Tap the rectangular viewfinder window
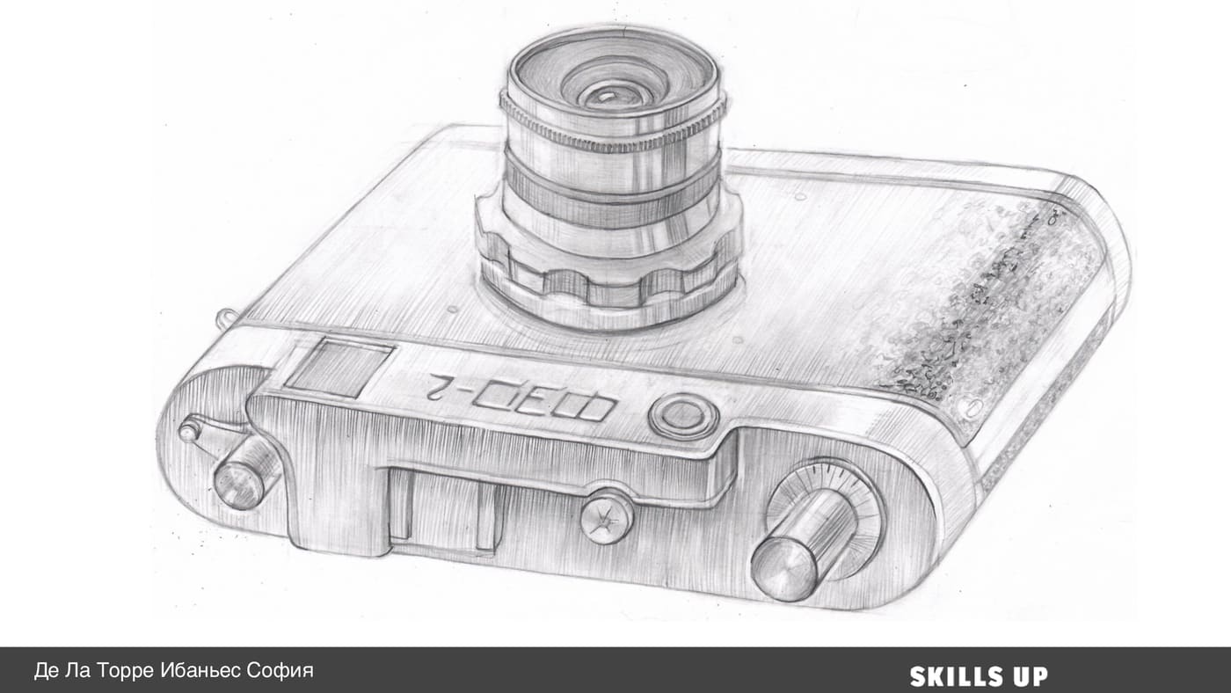[339, 367]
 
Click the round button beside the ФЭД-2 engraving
[683, 415]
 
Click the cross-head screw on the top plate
[607, 516]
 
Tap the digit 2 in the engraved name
[445, 387]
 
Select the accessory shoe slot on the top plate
[443, 509]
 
